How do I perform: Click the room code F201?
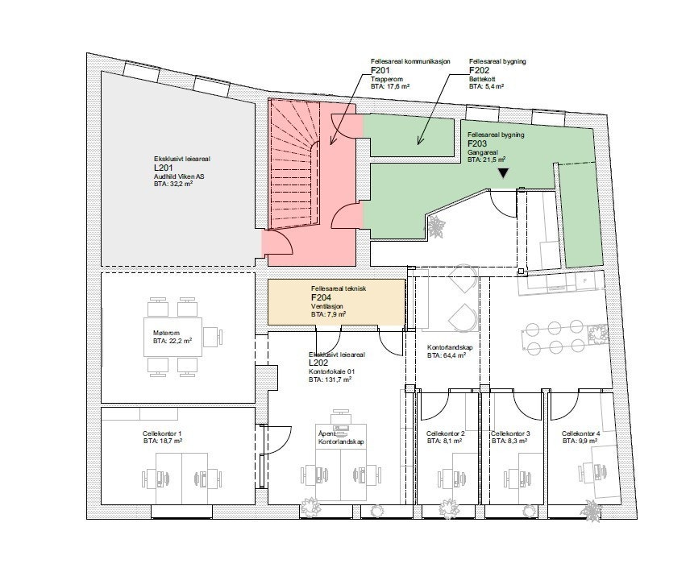(x=381, y=71)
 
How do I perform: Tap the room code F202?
(x=480, y=71)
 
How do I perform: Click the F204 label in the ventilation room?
(x=322, y=297)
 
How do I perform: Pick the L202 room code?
(x=319, y=363)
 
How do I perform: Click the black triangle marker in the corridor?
(x=504, y=172)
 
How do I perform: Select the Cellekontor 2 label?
(x=446, y=433)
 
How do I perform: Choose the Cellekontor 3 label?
(x=510, y=433)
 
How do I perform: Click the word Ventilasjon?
(x=327, y=306)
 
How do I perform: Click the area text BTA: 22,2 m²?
(x=172, y=341)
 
